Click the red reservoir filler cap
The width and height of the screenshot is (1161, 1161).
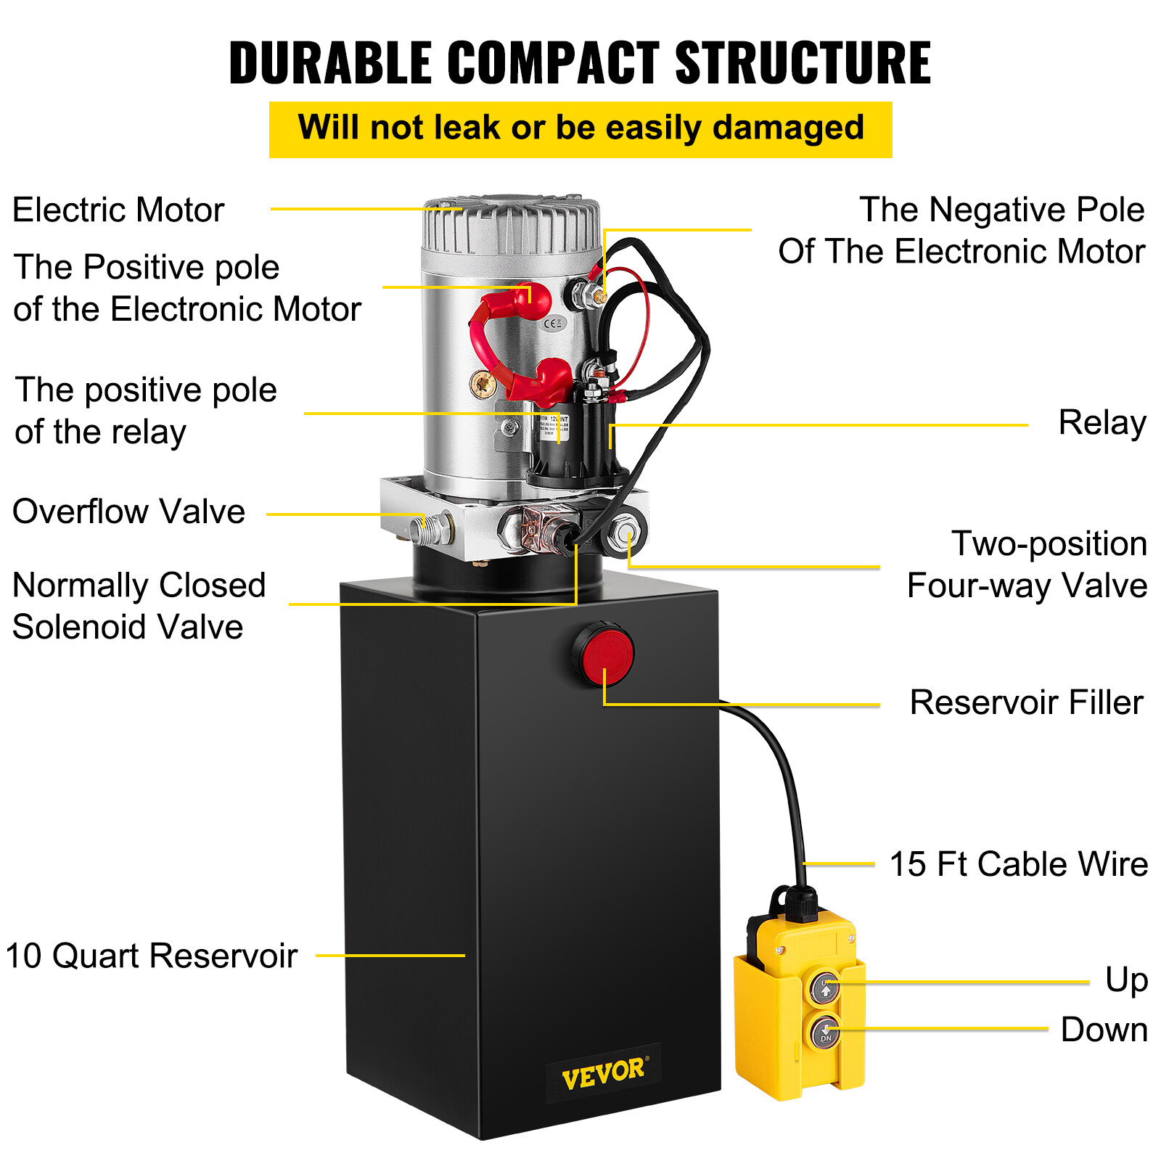[x=604, y=654]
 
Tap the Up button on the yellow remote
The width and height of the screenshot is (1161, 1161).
[x=824, y=988]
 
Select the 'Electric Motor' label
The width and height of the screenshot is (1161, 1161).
[x=118, y=210]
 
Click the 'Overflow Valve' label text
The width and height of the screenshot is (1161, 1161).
[x=128, y=512]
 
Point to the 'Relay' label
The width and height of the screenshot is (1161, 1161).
[x=1101, y=423]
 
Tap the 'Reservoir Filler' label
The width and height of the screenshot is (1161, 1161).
[x=1026, y=702]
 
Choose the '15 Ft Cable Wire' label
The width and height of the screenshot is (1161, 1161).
[x=1018, y=864]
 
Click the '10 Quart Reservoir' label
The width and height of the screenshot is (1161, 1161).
[x=151, y=956]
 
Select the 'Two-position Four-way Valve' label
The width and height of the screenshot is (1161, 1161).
[x=1027, y=565]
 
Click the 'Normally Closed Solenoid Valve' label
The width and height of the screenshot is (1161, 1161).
[x=139, y=606]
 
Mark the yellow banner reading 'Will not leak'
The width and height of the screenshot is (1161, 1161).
[x=580, y=129]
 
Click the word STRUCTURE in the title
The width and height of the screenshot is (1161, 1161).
[x=803, y=62]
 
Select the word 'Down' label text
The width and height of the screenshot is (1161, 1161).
[x=1104, y=1030]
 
